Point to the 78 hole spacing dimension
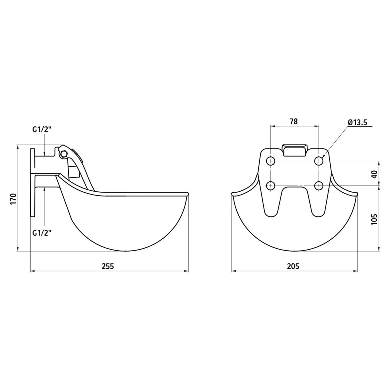click(x=294, y=121)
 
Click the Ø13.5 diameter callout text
click(x=357, y=122)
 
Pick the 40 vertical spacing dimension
click(x=375, y=174)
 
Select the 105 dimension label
click(x=374, y=219)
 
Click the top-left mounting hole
click(x=271, y=161)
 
